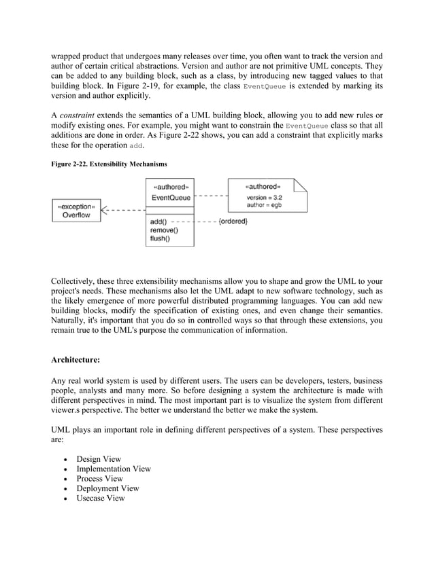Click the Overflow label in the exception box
coord(76,214)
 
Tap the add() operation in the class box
coord(158,221)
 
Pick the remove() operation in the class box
coord(165,230)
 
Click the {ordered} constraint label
coord(233,221)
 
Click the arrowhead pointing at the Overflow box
coord(104,211)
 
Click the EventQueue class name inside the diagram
coord(170,197)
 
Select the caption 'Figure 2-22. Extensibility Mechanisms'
coord(109,165)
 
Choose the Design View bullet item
coord(99,459)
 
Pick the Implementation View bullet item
coord(113,469)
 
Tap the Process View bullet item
coord(101,478)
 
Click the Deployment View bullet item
coord(107,488)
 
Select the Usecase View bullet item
coord(101,498)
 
